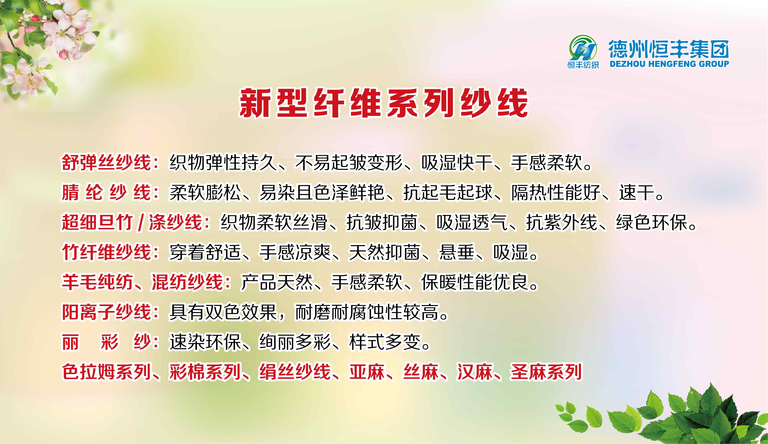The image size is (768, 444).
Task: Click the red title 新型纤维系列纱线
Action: [x=383, y=103]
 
